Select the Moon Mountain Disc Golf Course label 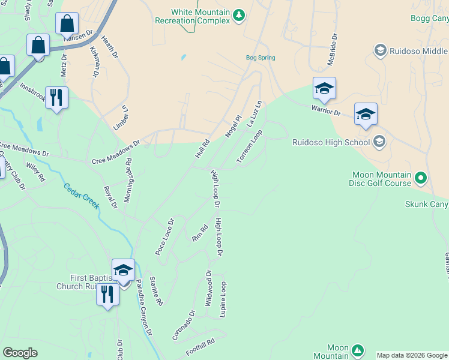coord(381,179)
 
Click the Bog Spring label coord(261,58)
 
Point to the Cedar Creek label coord(82,195)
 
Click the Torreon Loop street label coord(250,147)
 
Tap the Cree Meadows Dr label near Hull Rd coord(115,152)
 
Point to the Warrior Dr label coord(325,110)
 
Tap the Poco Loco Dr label coord(164,237)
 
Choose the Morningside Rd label coord(128,181)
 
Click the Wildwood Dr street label coord(209,288)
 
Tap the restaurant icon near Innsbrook coord(56,97)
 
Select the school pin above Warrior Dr coord(324,89)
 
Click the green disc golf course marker coord(421,178)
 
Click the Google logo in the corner coord(20,353)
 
